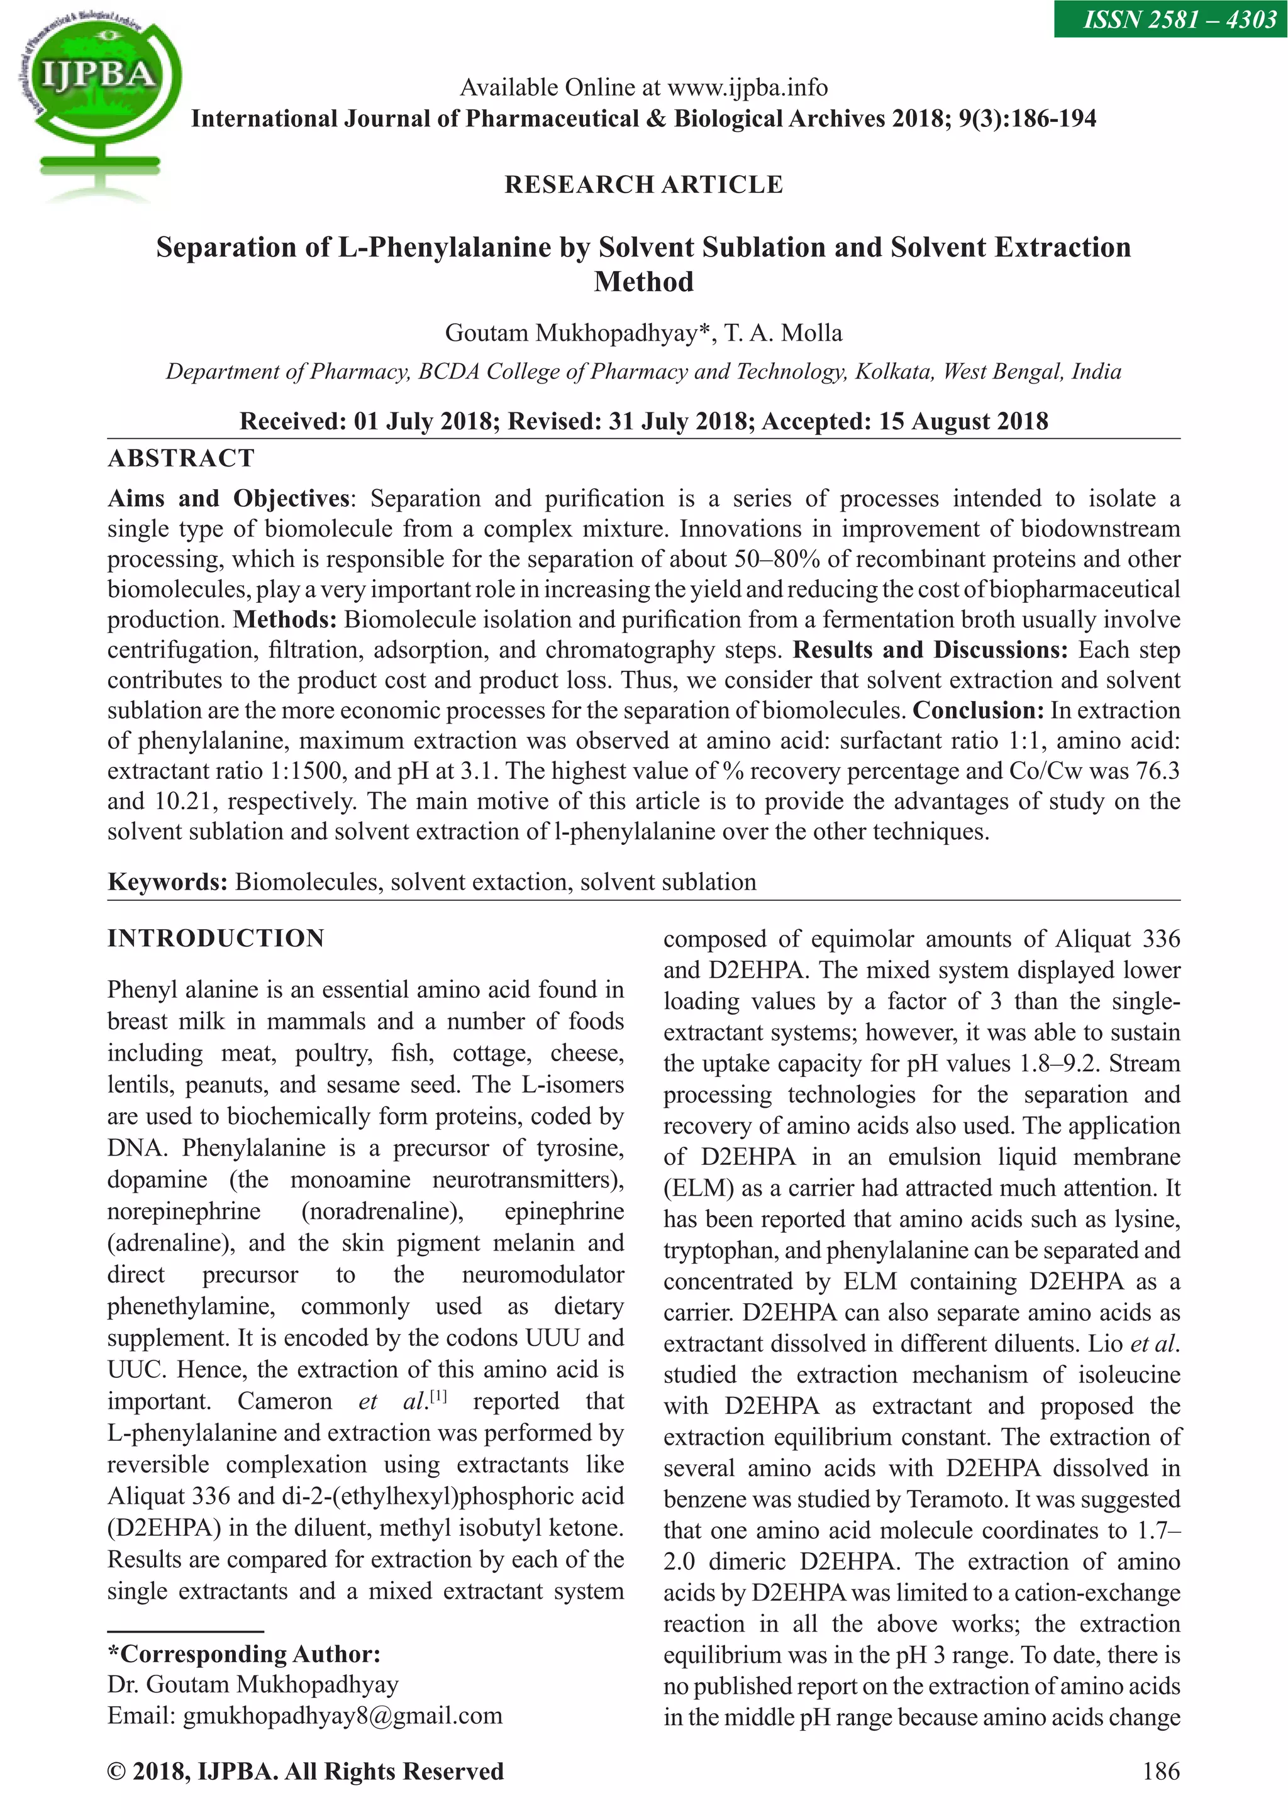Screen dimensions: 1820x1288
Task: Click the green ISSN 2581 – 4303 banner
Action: [x=1170, y=18]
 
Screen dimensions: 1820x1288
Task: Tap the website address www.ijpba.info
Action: [x=747, y=87]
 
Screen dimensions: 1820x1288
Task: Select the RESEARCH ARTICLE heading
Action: [x=643, y=185]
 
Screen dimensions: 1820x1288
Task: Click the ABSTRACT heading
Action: [x=181, y=458]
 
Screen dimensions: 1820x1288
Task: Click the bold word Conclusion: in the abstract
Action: [x=978, y=710]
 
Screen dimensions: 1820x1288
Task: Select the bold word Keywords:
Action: [x=167, y=881]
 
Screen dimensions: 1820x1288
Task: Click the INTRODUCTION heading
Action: [x=216, y=939]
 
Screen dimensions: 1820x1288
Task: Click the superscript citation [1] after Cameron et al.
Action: [x=438, y=1396]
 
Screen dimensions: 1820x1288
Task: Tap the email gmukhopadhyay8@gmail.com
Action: [x=343, y=1716]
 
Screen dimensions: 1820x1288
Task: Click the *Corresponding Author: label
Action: [x=243, y=1654]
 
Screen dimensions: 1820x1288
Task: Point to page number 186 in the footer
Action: [x=1161, y=1772]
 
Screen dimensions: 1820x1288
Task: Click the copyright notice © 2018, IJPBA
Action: [x=306, y=1772]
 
